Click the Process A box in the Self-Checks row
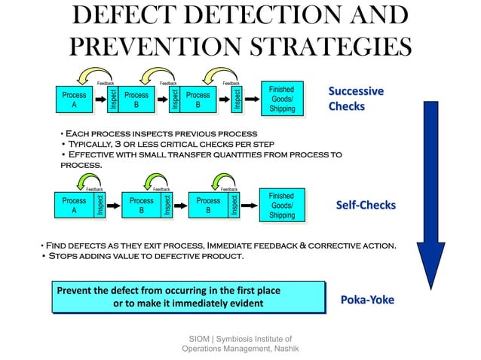coord(74,206)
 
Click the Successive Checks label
coord(355,99)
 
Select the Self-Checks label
coord(366,205)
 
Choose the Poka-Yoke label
coord(367,299)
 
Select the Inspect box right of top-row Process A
coord(112,101)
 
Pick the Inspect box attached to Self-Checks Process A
coord(99,206)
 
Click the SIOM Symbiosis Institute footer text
coord(240,343)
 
